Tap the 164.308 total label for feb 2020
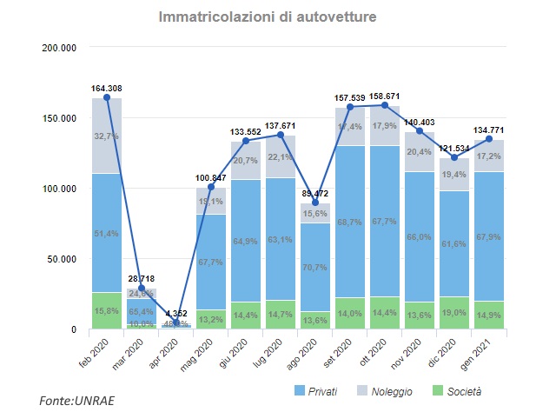coord(107,88)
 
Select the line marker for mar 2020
coord(142,288)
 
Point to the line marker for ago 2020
coord(315,203)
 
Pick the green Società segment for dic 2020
coord(454,313)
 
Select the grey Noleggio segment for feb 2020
coord(107,136)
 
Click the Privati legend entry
coord(312,391)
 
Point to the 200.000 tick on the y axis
coord(60,47)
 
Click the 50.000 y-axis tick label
coord(63,259)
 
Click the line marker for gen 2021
coord(489,139)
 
